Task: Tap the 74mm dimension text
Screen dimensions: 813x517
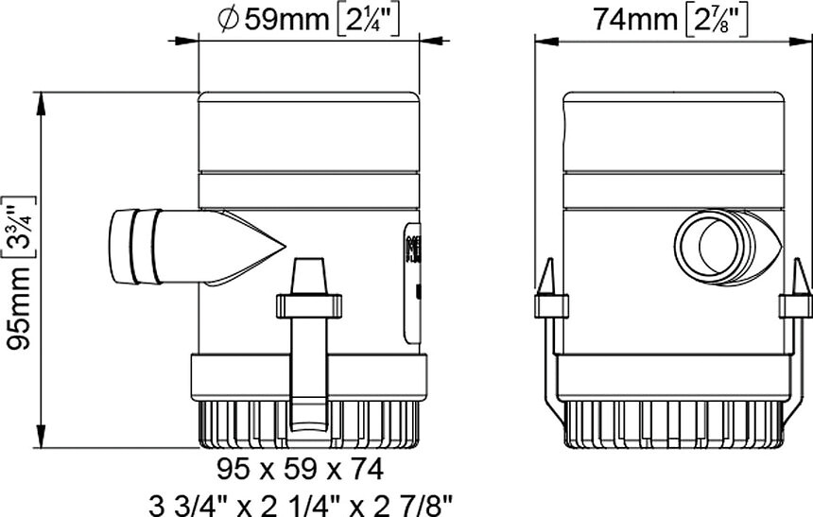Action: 635,20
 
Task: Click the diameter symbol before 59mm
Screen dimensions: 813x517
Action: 228,20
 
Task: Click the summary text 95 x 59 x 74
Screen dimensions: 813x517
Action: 300,470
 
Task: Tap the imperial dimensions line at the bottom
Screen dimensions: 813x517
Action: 300,504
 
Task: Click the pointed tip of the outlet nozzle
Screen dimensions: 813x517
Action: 285,247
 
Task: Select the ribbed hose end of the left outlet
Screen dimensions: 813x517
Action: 135,247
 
